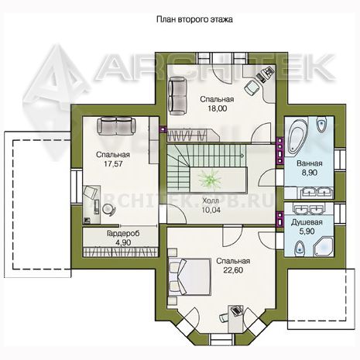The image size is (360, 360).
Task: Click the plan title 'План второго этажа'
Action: (x=194, y=19)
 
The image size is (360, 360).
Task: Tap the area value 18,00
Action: (x=218, y=108)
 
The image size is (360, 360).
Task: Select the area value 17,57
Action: (x=113, y=163)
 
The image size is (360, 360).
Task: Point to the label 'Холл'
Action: (x=211, y=201)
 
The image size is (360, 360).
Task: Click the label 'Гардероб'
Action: (x=123, y=234)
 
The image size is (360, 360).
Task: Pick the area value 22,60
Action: (x=233, y=270)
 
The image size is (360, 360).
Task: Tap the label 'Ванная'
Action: (x=310, y=163)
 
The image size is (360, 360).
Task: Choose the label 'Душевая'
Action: (x=307, y=222)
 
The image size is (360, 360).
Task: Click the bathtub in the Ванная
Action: (x=297, y=136)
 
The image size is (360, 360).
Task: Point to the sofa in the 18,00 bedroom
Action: (x=178, y=96)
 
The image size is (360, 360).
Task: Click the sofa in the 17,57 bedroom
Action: (x=117, y=125)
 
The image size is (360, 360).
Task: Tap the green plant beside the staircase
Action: (x=210, y=179)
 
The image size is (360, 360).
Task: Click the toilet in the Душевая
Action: (x=300, y=249)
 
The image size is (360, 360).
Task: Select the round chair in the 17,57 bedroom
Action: (x=108, y=209)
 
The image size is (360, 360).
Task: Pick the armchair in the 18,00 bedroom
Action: (x=252, y=87)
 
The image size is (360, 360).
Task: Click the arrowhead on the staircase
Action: (x=243, y=156)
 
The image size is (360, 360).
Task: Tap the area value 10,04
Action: (x=211, y=210)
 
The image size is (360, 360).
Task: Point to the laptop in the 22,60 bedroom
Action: (x=236, y=310)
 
